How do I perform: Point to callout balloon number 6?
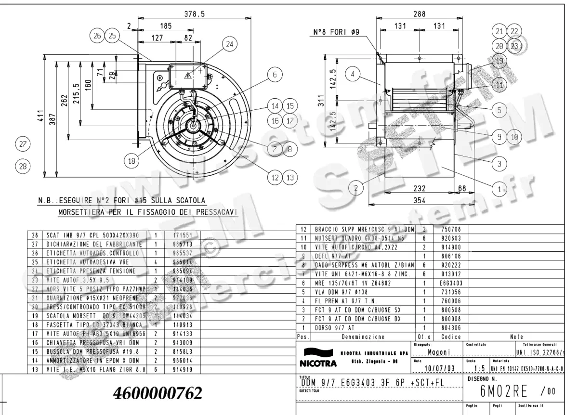(275, 75)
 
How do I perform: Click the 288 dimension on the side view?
(419, 14)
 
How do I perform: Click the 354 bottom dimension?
(420, 201)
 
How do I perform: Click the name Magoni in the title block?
(439, 352)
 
